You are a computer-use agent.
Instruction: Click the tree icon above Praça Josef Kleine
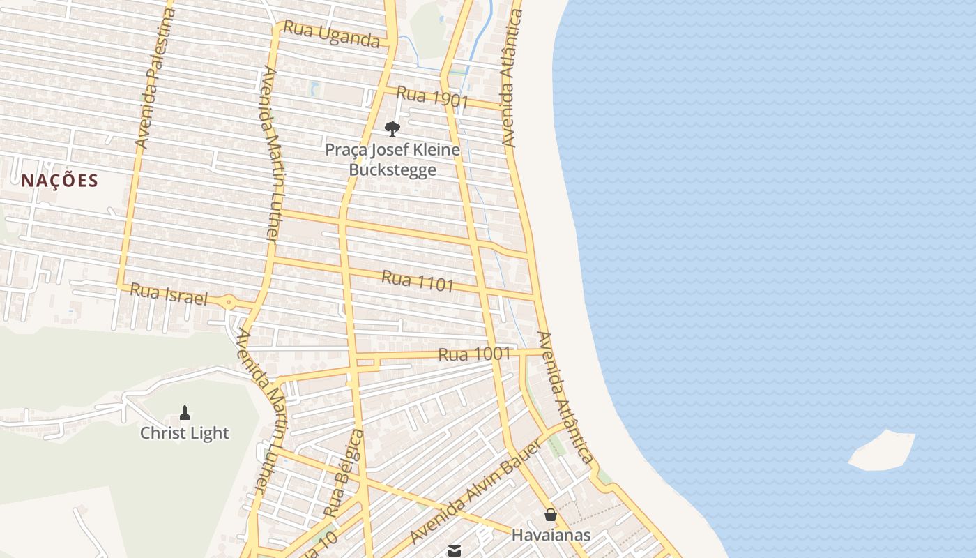point(392,128)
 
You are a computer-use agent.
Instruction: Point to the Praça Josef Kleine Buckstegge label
point(392,160)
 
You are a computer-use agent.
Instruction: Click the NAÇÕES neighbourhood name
point(59,181)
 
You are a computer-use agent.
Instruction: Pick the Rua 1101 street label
point(418,280)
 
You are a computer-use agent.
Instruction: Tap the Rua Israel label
point(169,294)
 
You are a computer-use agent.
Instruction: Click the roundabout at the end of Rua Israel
point(229,303)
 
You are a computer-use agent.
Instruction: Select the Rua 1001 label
point(474,354)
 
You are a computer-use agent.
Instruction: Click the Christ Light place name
point(185,433)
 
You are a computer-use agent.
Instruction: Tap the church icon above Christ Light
point(185,413)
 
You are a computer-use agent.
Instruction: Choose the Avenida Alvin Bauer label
point(475,492)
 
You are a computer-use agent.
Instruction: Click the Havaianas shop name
point(551,535)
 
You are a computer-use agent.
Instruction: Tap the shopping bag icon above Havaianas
point(551,515)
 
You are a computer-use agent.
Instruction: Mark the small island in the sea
point(883,451)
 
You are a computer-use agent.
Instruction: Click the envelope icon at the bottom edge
point(455,551)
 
